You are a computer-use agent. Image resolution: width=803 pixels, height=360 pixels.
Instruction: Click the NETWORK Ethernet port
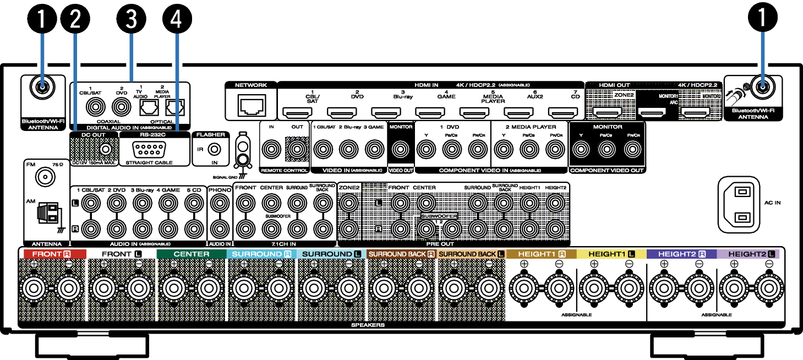point(250,104)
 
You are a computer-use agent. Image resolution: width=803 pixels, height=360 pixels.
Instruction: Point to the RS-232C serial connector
point(146,149)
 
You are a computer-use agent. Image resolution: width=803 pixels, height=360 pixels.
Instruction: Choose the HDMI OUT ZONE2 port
point(607,113)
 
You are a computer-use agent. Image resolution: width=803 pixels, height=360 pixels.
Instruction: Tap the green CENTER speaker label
point(191,254)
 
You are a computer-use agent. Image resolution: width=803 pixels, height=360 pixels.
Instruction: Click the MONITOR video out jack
point(400,148)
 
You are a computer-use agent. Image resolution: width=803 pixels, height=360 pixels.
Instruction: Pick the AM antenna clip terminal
point(48,215)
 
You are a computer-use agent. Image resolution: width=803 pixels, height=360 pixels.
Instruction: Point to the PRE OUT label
point(440,243)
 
